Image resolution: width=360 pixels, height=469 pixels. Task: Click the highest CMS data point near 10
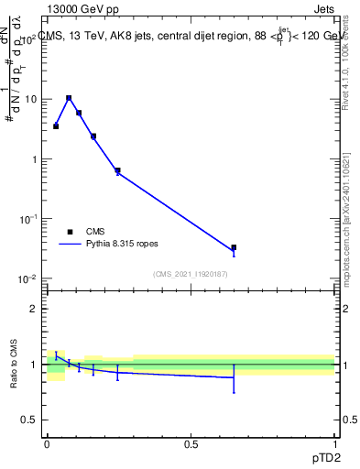pyautogui.click(x=69, y=98)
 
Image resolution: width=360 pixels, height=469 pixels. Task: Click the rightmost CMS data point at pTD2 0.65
pyautogui.click(x=234, y=247)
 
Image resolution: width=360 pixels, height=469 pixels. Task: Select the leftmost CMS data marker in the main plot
pyautogui.click(x=56, y=126)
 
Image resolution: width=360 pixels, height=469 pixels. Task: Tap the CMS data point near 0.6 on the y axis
pyautogui.click(x=117, y=170)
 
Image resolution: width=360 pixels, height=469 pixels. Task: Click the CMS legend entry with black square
pyautogui.click(x=87, y=232)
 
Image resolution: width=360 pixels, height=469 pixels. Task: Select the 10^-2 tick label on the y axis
pyautogui.click(x=27, y=278)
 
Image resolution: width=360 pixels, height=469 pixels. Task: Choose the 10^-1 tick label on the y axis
pyautogui.click(x=27, y=219)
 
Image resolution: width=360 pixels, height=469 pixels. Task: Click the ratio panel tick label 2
pyautogui.click(x=35, y=309)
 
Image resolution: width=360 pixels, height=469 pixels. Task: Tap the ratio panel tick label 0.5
pyautogui.click(x=30, y=420)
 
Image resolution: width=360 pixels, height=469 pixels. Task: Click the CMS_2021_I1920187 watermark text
pyautogui.click(x=190, y=273)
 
